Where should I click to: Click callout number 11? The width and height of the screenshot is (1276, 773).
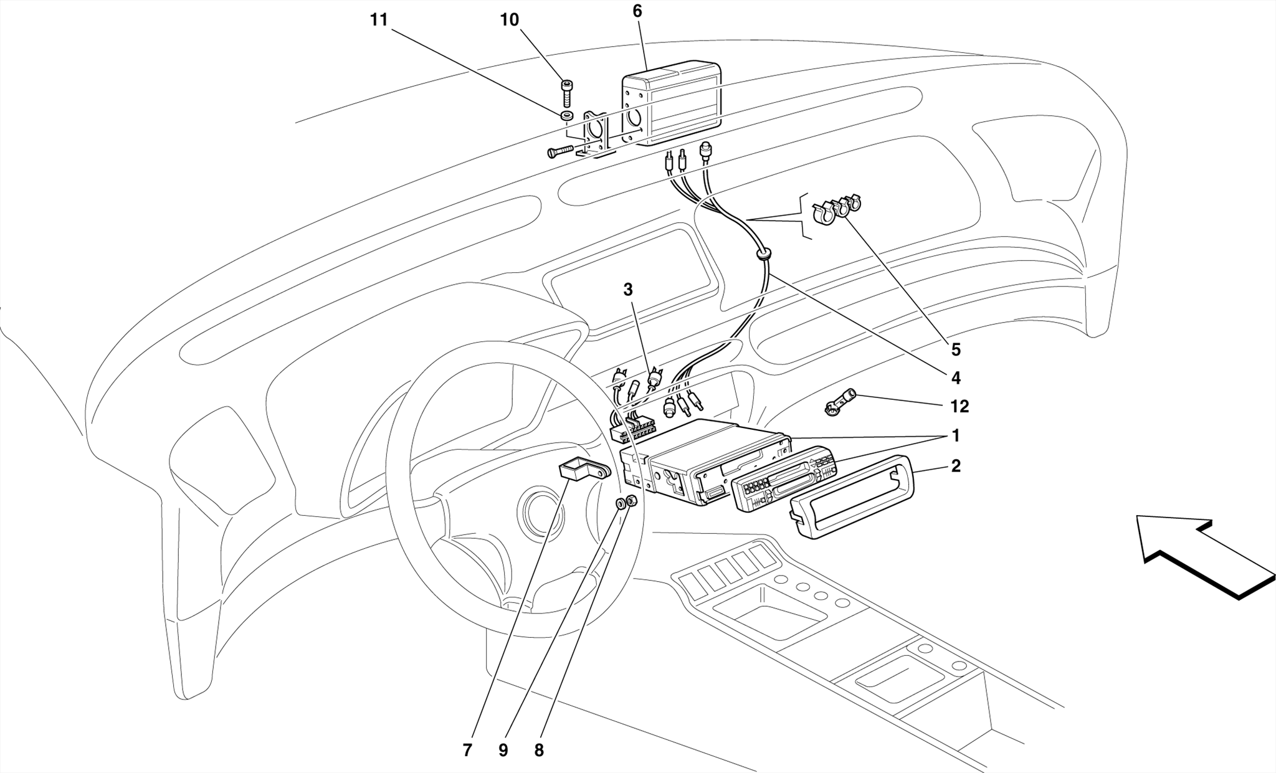pyautogui.click(x=379, y=20)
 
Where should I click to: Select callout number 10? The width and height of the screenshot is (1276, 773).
pyautogui.click(x=509, y=20)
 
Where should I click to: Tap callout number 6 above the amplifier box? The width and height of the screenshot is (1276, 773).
pyautogui.click(x=637, y=11)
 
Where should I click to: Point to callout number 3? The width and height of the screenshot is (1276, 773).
pyautogui.click(x=628, y=290)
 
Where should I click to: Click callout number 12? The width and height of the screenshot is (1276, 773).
pyautogui.click(x=959, y=407)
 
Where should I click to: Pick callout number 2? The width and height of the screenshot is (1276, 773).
pyautogui.click(x=956, y=466)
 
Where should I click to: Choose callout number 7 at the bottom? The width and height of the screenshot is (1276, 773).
pyautogui.click(x=468, y=751)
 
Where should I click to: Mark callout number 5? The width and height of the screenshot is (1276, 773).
pyautogui.click(x=956, y=350)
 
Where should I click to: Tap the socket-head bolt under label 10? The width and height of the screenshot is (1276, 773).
pyautogui.click(x=567, y=93)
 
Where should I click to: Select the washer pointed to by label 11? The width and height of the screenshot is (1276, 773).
pyautogui.click(x=567, y=116)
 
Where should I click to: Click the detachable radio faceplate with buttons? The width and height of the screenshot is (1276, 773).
pyautogui.click(x=783, y=478)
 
